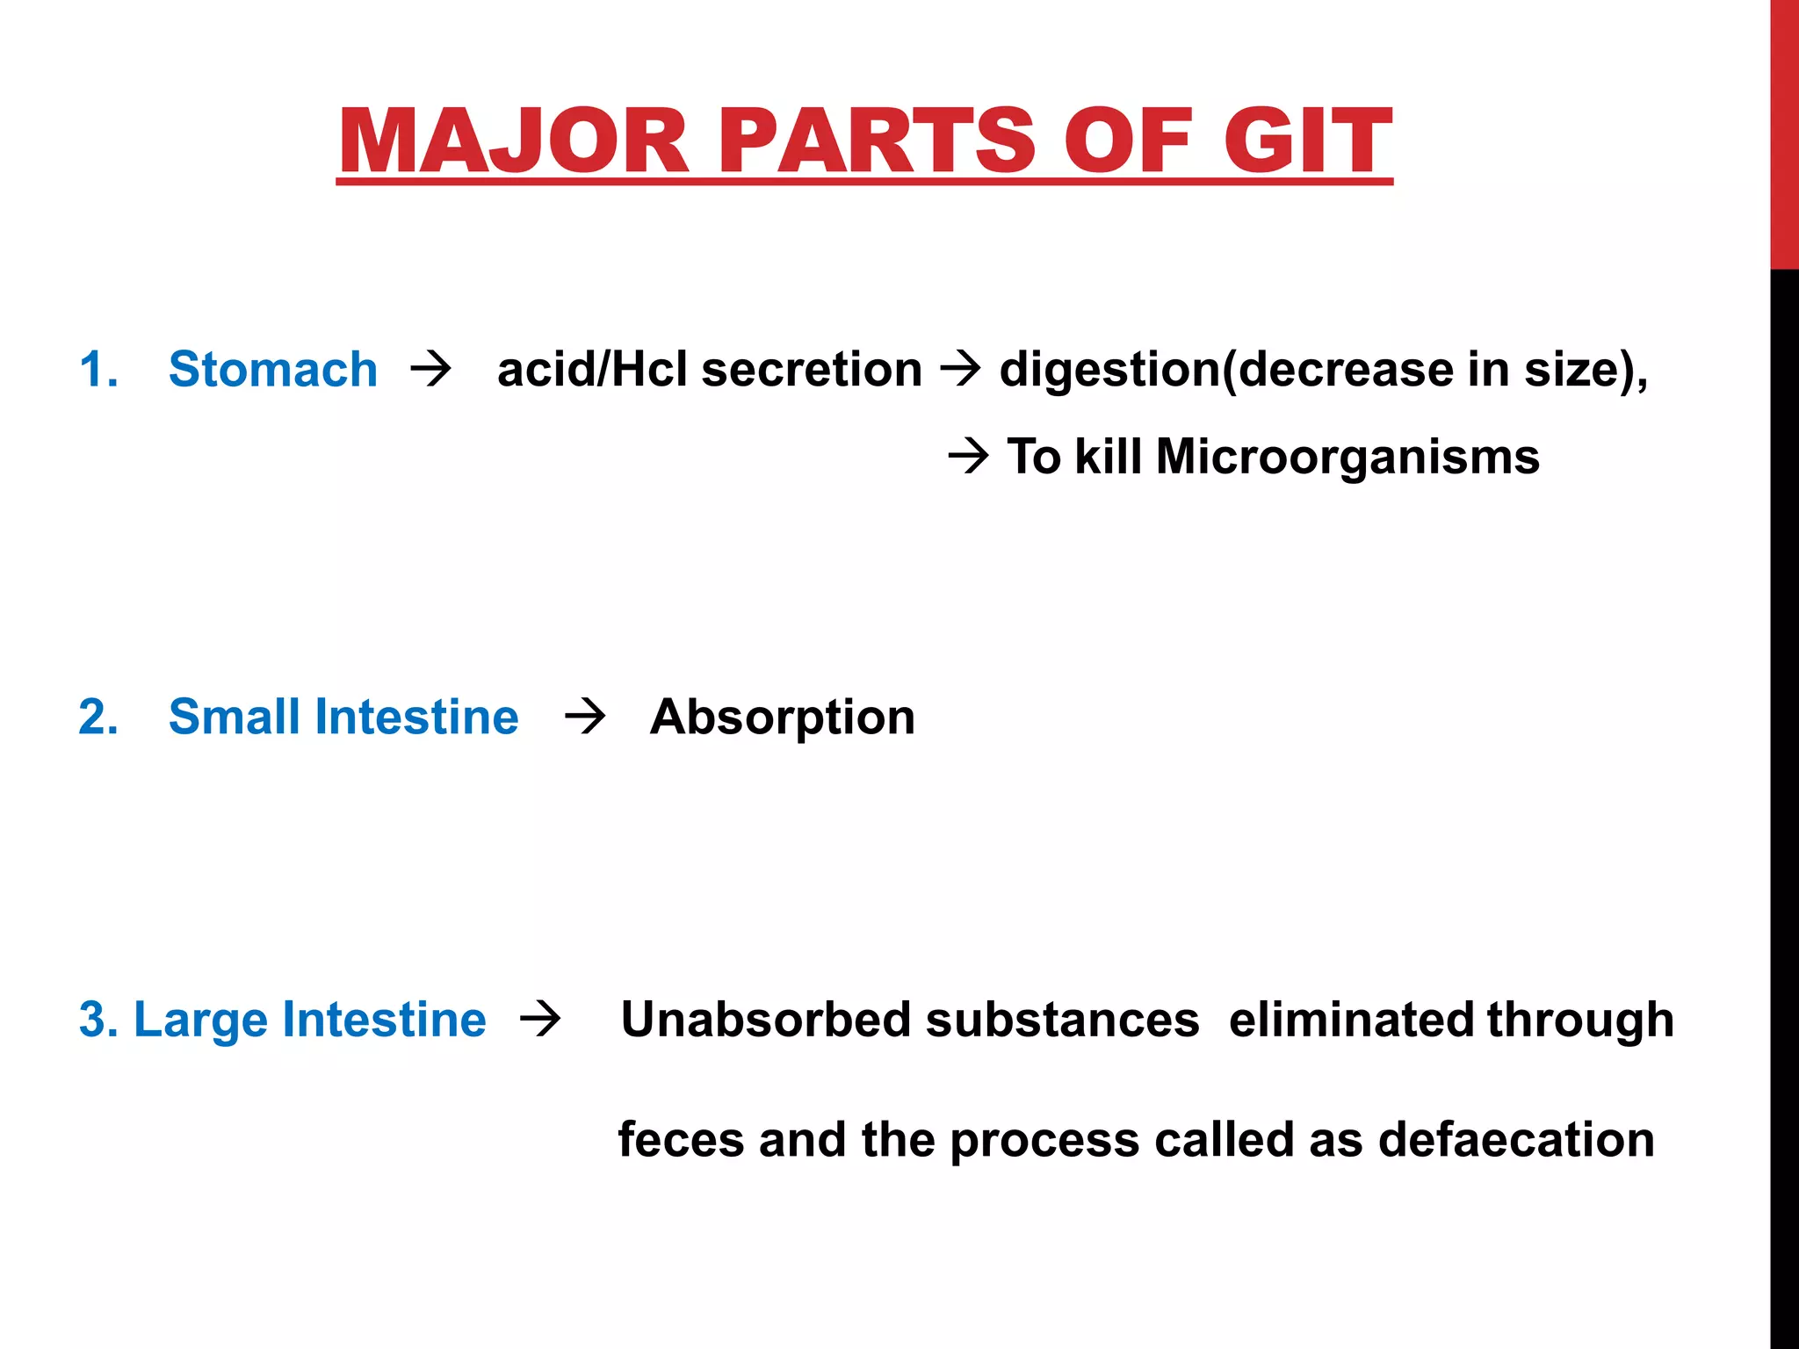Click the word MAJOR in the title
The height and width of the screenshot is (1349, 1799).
click(x=515, y=141)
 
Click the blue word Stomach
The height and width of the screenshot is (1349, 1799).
click(x=272, y=369)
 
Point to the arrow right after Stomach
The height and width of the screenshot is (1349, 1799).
click(x=430, y=370)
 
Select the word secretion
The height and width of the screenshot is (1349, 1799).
click(x=812, y=369)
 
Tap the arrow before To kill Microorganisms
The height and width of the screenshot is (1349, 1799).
click(x=969, y=457)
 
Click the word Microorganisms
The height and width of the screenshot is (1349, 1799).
click(x=1347, y=457)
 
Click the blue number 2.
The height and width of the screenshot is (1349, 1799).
click(x=98, y=717)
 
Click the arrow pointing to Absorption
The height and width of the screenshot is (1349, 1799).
click(x=585, y=717)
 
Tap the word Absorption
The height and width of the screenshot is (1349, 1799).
click(x=782, y=717)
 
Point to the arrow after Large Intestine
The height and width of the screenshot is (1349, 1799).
click(x=540, y=1020)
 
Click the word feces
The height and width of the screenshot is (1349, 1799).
click(x=681, y=1139)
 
